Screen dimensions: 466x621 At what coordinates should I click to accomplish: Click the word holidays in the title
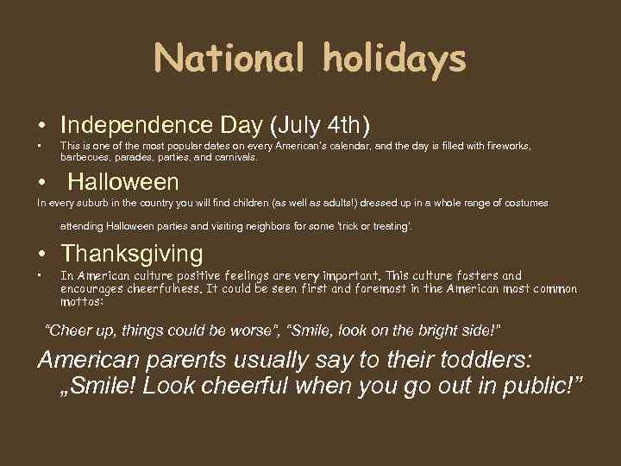393,59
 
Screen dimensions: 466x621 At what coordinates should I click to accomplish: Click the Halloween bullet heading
123,182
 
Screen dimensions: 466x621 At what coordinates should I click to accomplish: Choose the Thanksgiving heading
132,254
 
